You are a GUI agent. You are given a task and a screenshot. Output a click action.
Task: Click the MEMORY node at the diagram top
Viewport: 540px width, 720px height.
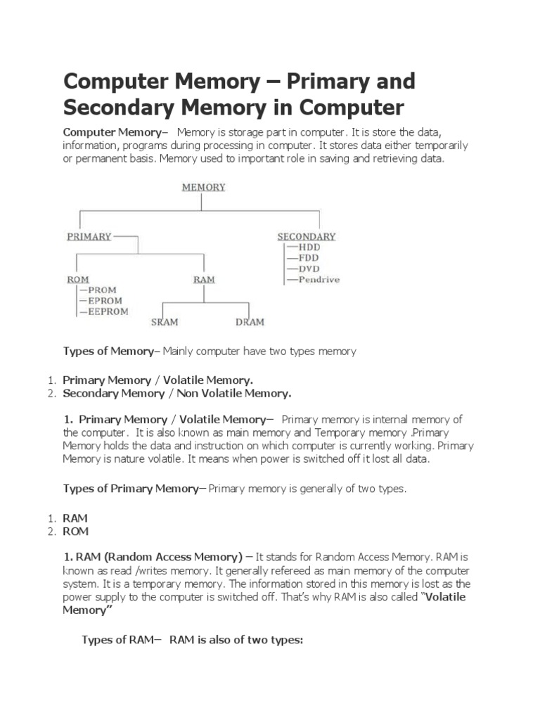pos(203,187)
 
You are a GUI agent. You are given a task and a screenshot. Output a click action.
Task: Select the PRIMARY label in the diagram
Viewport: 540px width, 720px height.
pos(89,236)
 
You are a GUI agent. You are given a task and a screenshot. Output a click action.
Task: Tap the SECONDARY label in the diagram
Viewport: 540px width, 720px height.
pos(306,236)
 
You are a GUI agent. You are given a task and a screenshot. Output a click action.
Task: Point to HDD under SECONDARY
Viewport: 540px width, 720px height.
pos(309,247)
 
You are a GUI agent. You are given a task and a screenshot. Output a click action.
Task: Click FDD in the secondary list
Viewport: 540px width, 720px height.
pos(309,258)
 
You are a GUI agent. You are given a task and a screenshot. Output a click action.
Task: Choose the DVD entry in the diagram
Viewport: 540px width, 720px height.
pos(309,269)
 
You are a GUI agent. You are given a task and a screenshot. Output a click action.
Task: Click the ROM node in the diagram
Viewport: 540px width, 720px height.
pos(77,279)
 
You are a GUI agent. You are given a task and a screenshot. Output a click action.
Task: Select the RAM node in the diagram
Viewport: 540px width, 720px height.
pos(204,279)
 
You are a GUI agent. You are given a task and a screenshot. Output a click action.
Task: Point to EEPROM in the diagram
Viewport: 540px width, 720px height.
pos(108,311)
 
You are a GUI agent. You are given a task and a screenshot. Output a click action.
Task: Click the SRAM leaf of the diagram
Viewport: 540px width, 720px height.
pos(165,322)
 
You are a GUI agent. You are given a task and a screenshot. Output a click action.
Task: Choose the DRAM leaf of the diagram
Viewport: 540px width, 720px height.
pos(250,322)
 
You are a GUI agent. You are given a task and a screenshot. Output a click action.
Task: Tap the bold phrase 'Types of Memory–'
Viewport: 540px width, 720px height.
pos(112,351)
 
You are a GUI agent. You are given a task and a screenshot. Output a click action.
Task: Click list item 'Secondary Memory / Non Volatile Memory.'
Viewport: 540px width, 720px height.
pos(176,392)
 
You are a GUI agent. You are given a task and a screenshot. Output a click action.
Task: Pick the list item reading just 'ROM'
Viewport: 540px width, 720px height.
pos(75,532)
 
